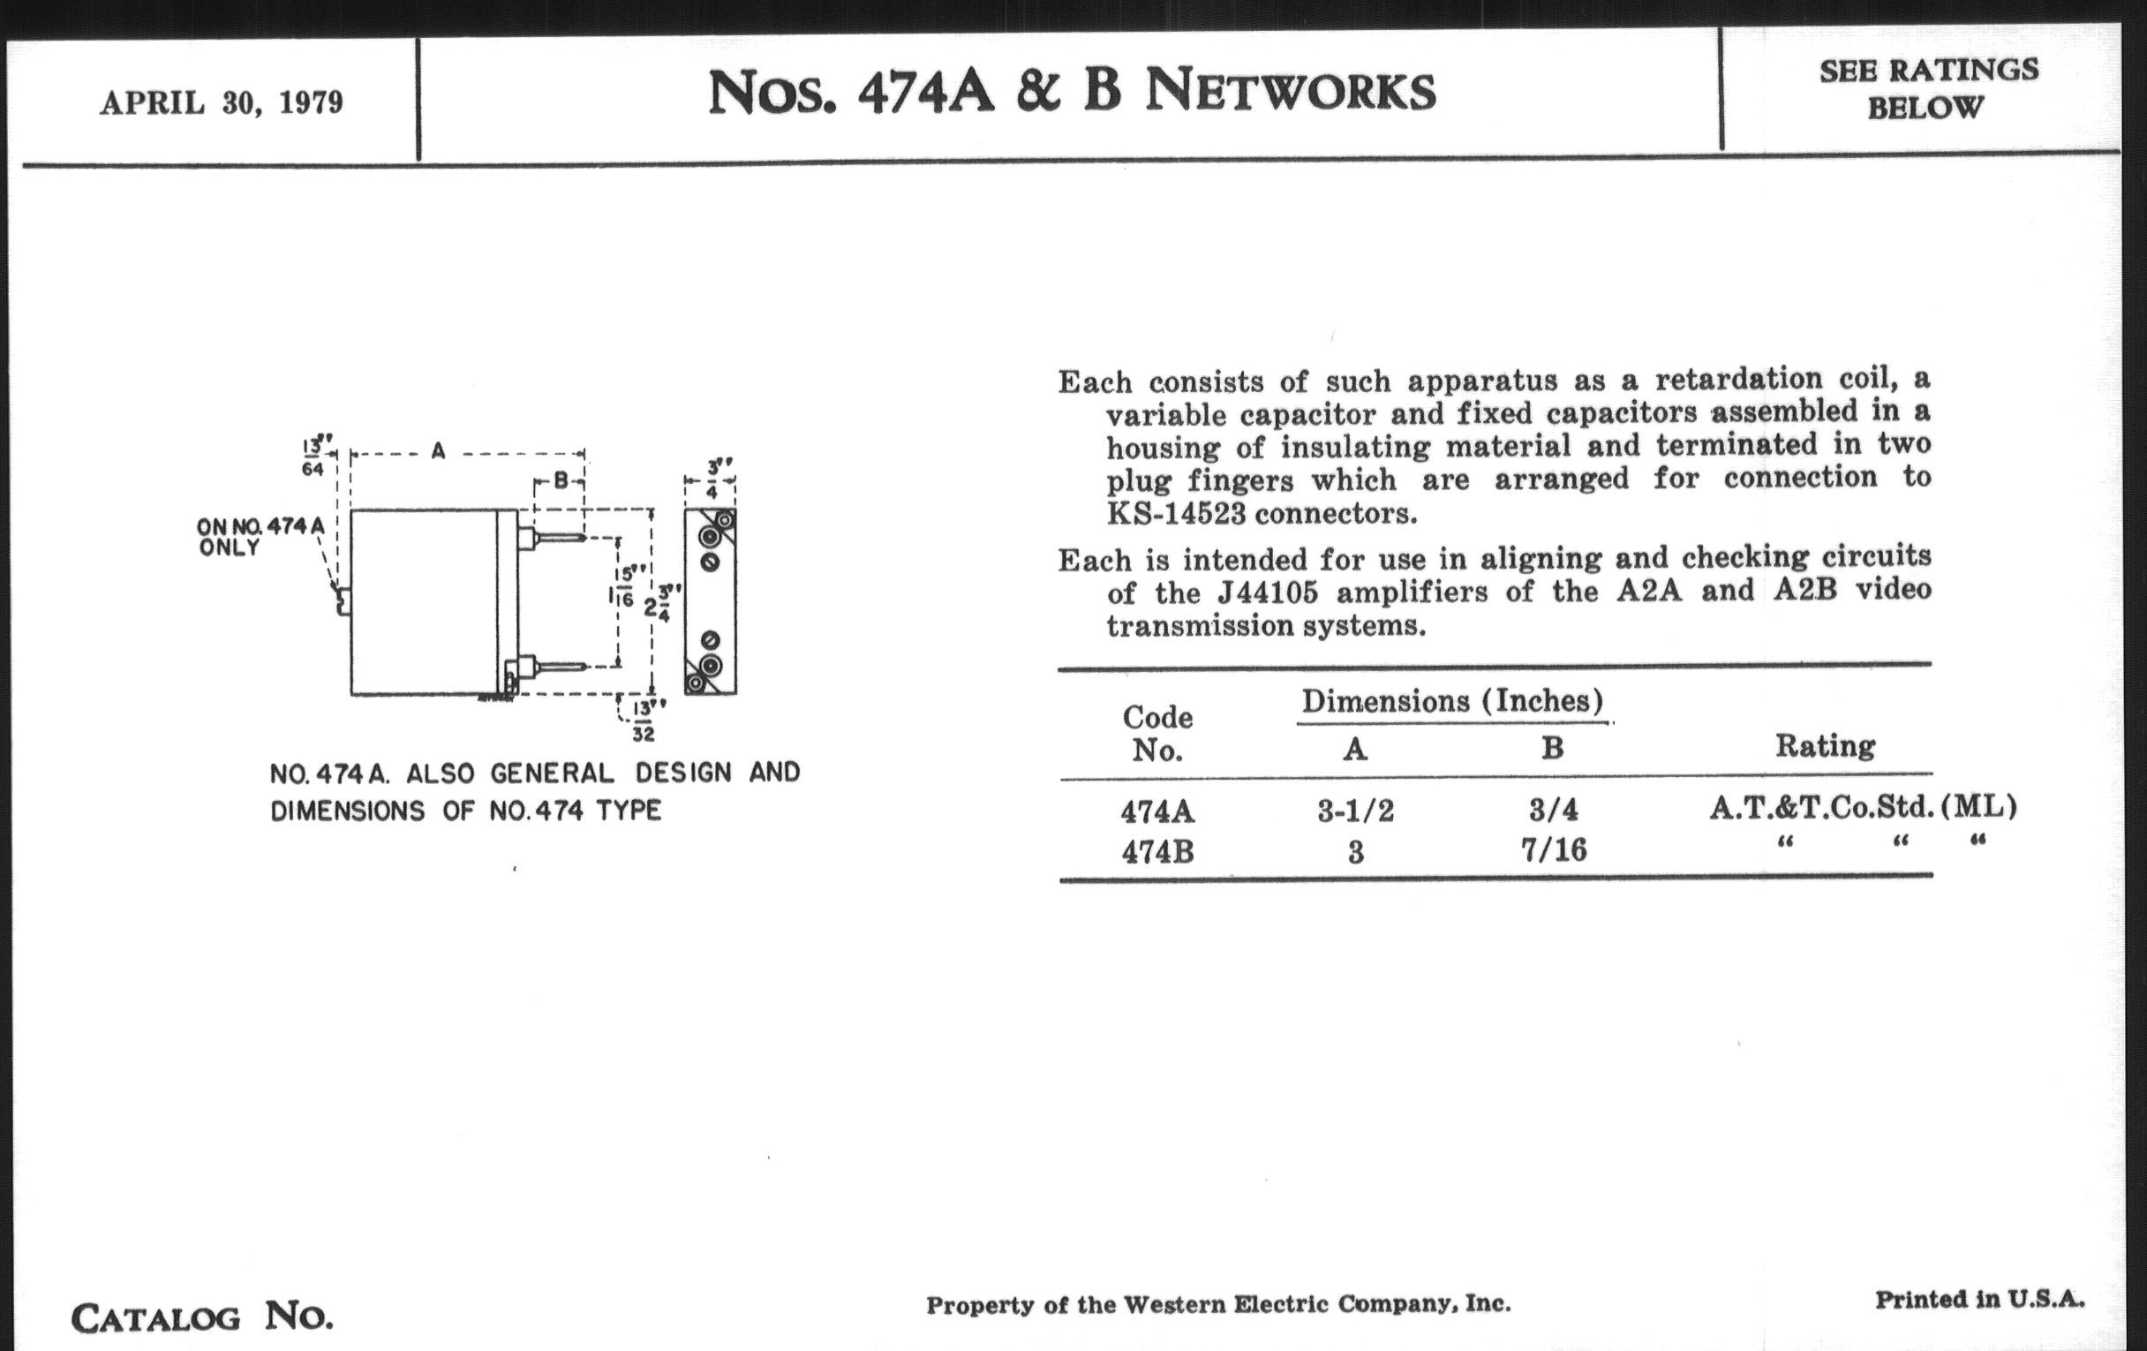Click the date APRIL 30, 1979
pos(221,102)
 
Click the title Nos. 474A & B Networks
pos(1071,92)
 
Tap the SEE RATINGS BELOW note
pos(1928,89)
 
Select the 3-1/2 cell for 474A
pos(1355,811)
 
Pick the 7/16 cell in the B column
pos(1554,849)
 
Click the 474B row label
pos(1157,852)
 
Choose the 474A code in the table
pos(1157,811)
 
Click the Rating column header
pos(1825,745)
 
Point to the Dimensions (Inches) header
pos(1452,702)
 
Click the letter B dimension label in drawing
pos(561,480)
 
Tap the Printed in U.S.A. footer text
pos(1979,1299)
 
